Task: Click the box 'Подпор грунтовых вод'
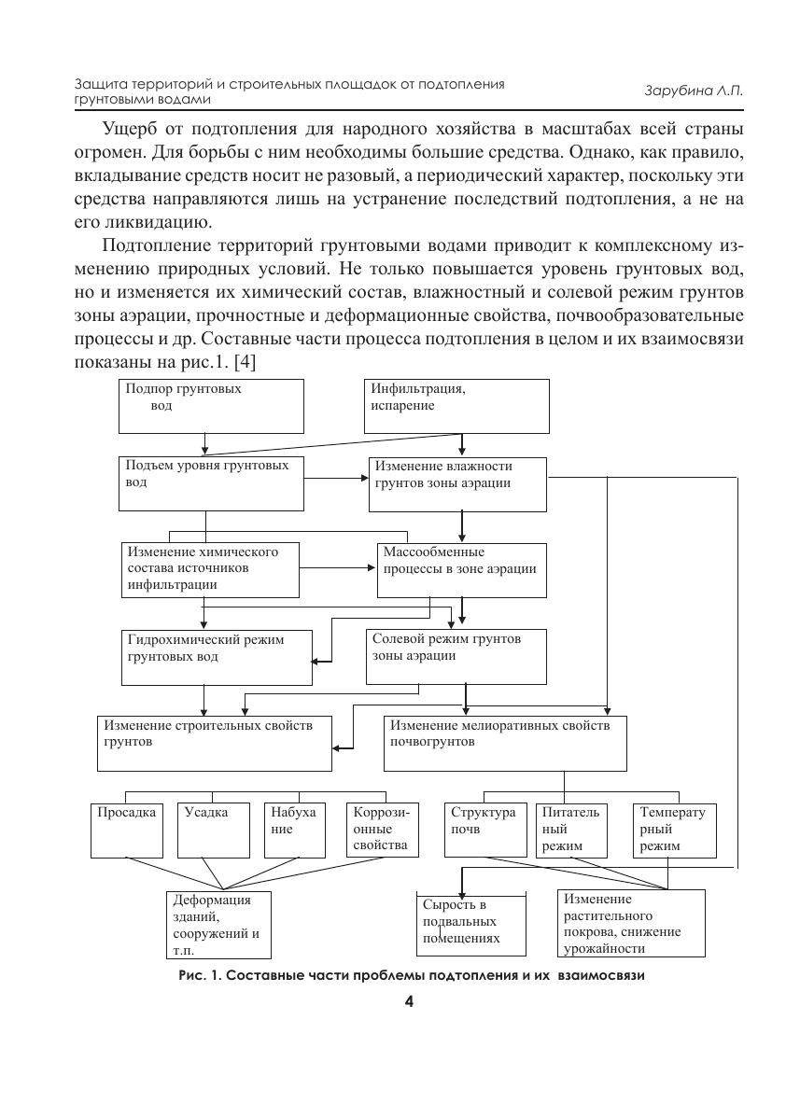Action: tap(212, 406)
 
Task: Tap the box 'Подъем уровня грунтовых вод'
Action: tap(211, 482)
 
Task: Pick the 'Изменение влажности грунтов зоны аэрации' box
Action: tap(457, 483)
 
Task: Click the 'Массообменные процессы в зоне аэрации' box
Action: tap(461, 569)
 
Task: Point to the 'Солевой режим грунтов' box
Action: tap(456, 657)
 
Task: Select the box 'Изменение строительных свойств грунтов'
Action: tap(215, 743)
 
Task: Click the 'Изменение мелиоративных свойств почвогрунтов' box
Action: tap(505, 743)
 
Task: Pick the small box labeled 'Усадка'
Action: tap(215, 830)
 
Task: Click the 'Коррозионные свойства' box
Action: tap(382, 830)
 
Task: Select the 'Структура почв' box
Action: tap(484, 830)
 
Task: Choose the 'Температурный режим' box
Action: tap(674, 830)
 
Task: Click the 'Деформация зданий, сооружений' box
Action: tap(220, 924)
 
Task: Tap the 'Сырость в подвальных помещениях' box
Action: tap(470, 922)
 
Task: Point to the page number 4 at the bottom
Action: tap(409, 1002)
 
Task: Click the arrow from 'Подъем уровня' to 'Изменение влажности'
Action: tap(336, 479)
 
